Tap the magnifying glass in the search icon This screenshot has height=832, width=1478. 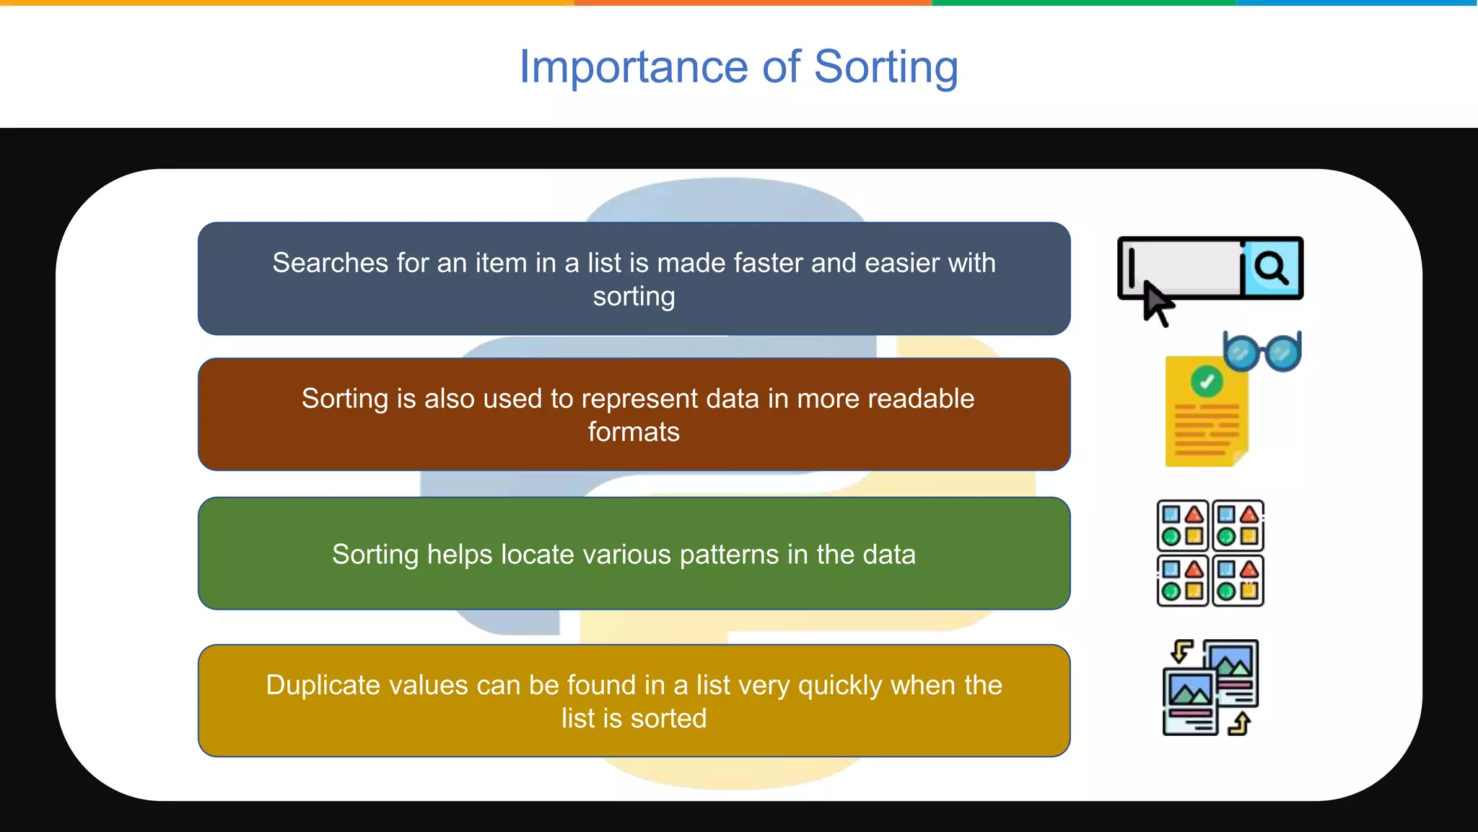[1272, 268]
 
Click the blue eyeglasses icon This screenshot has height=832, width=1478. [1262, 352]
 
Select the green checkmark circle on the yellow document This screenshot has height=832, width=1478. [1207, 381]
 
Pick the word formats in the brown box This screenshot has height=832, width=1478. [634, 432]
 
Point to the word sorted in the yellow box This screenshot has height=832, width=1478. [668, 719]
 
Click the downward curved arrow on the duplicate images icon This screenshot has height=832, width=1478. [1181, 651]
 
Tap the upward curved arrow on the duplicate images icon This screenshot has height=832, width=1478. [1240, 723]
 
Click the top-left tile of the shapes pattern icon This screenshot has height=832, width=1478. [1183, 526]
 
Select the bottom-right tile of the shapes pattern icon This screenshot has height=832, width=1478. [1238, 581]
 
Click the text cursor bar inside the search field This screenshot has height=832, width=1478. [1132, 267]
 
